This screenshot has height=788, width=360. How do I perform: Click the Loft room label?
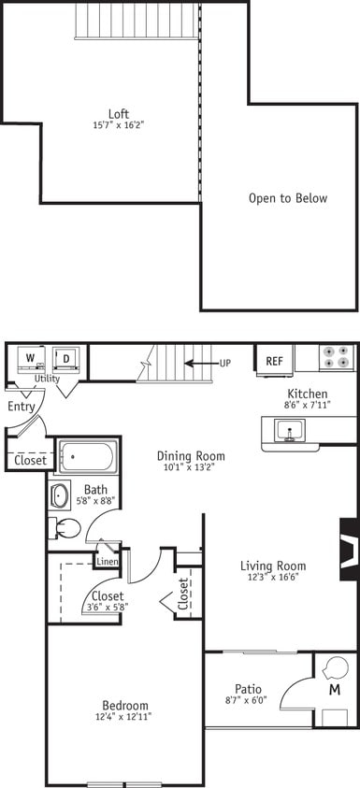tap(118, 114)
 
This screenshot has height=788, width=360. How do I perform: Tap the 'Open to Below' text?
tap(287, 198)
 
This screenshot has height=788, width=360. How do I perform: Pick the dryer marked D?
tap(66, 359)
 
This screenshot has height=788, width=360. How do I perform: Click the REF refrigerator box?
tap(274, 361)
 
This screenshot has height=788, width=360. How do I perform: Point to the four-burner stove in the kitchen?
tap(338, 358)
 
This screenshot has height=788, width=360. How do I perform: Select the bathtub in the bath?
tap(87, 457)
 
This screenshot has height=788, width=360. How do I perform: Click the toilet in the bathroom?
tap(65, 528)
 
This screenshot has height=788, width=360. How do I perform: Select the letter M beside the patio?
tap(335, 689)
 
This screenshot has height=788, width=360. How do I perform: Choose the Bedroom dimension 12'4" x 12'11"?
tap(125, 717)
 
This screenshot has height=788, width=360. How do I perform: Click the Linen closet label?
tap(107, 561)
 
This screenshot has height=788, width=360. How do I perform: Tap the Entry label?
tap(21, 407)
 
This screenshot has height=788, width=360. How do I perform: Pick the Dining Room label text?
tap(191, 456)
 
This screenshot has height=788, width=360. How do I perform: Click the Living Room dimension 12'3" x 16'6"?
tap(273, 579)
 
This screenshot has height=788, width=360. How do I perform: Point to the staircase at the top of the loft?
tap(138, 20)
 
